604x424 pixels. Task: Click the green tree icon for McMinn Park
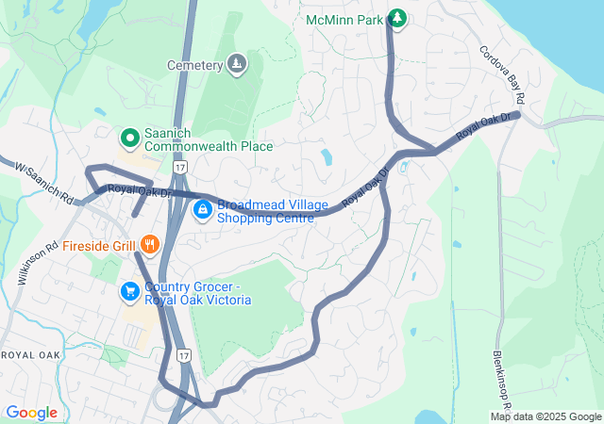[397, 18]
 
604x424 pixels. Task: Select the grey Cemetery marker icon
[237, 64]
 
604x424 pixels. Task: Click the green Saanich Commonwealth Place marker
[129, 139]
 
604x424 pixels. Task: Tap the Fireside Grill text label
[98, 246]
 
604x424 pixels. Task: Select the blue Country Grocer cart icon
[128, 293]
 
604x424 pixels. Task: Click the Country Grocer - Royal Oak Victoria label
[197, 293]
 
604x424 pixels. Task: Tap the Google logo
[32, 412]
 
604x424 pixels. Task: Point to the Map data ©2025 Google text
[545, 416]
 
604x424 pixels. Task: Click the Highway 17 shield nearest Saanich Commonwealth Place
[180, 167]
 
